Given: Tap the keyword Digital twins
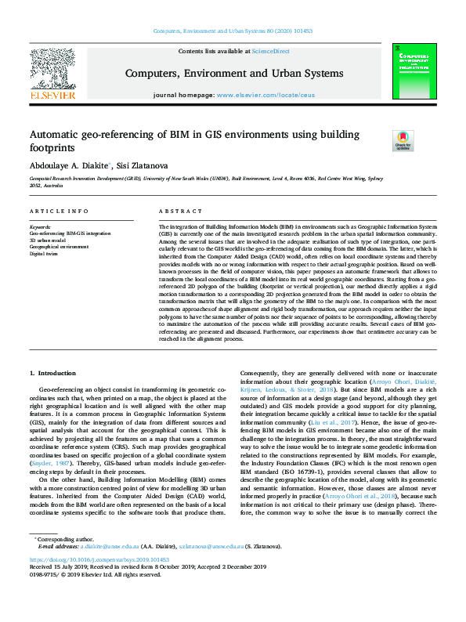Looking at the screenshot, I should pos(45,254).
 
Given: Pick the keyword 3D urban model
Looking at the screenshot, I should pos(48,240).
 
